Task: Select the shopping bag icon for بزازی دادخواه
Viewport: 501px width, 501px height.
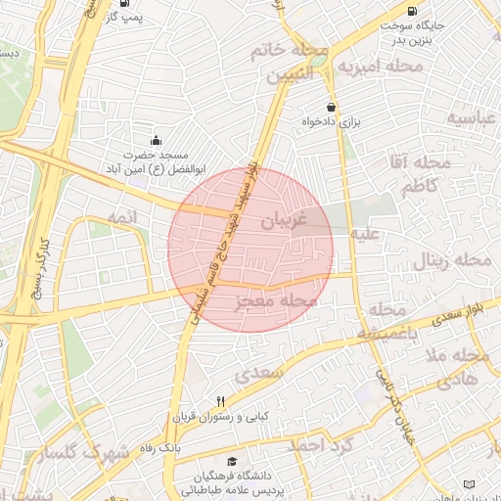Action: click(x=334, y=108)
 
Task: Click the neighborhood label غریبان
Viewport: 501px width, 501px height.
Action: click(x=283, y=221)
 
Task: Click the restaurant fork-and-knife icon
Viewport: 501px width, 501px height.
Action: click(x=220, y=401)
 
